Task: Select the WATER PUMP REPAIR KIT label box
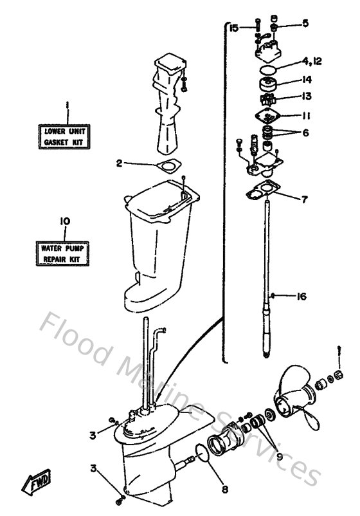click(63, 252)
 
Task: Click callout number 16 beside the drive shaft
click(301, 296)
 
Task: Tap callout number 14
click(305, 80)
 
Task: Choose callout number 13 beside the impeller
click(305, 97)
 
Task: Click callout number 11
click(305, 116)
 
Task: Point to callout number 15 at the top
click(233, 28)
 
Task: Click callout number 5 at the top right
click(305, 23)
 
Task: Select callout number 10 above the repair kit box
click(64, 221)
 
